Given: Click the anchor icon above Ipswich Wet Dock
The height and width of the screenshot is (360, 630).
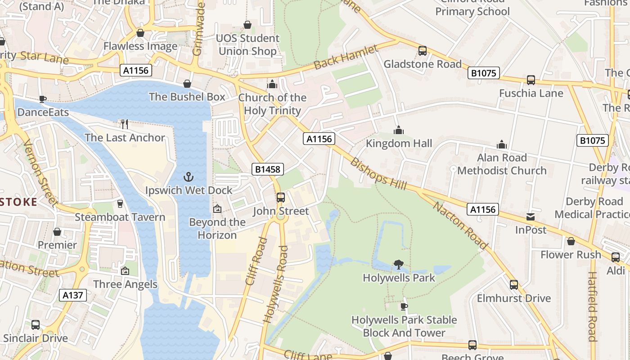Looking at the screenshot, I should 189,176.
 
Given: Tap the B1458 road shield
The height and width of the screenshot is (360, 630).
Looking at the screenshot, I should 268,169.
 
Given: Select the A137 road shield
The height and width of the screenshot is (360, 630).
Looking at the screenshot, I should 73,295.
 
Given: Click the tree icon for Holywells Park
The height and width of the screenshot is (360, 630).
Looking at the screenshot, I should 398,265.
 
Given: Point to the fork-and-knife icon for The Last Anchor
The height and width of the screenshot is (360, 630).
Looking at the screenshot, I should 125,124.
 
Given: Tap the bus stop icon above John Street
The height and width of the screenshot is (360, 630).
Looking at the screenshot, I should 280,197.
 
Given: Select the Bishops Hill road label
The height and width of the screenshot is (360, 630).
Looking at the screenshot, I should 378,174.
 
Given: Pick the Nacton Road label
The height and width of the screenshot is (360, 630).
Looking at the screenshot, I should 460,225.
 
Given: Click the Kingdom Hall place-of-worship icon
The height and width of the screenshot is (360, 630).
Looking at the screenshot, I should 398,130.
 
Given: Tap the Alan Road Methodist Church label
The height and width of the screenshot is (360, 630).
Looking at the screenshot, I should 502,164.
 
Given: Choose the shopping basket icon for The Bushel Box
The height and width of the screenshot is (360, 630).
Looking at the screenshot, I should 187,84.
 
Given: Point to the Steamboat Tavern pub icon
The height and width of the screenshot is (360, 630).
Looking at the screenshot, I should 120,203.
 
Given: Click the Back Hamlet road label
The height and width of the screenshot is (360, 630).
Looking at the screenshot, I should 346,57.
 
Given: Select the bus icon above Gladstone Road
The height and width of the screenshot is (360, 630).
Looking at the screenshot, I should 422,50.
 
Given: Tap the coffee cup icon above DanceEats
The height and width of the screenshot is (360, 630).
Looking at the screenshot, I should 42,99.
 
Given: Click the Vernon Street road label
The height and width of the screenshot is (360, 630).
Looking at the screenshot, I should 40,172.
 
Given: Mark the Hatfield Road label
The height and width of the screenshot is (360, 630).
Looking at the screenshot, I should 593,306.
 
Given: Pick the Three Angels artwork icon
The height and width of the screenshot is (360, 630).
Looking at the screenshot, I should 125,271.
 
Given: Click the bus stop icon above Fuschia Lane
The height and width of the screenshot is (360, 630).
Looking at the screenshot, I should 531,80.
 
